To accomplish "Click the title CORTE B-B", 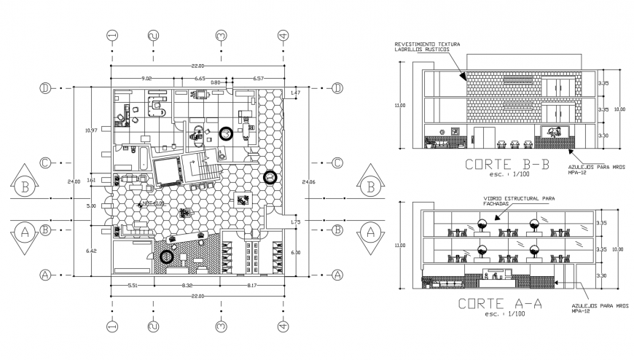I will pyautogui.click(x=502, y=165).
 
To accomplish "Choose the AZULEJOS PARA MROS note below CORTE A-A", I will pyautogui.click(x=591, y=309).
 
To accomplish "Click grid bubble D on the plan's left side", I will pyautogui.click(x=45, y=88).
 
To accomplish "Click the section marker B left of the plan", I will pyautogui.click(x=26, y=187).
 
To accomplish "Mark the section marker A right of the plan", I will pyautogui.click(x=370, y=232).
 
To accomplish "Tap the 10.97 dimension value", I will pyautogui.click(x=91, y=130).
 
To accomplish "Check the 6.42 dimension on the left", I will pyautogui.click(x=91, y=251).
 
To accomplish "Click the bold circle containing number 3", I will pyautogui.click(x=227, y=133).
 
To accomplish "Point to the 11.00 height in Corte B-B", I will pyautogui.click(x=398, y=106).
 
